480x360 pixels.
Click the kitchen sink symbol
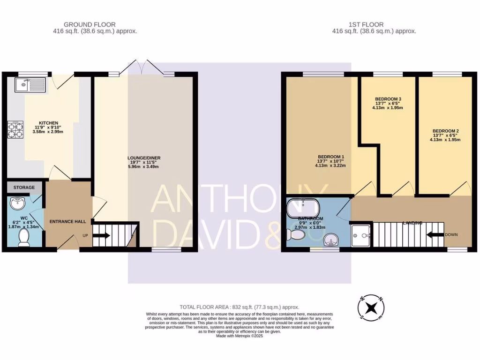point(30,85)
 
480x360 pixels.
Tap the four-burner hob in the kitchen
point(15,130)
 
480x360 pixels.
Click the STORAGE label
point(24,187)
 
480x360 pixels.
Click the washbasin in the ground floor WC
point(18,203)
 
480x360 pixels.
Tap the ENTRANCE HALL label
point(67,221)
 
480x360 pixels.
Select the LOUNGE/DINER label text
point(145,158)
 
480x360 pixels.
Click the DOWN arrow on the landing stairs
point(435,234)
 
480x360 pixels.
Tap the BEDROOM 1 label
point(331,157)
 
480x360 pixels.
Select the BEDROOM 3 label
point(388,99)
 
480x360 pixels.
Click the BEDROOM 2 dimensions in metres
point(445,140)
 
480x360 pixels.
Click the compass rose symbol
point(371,307)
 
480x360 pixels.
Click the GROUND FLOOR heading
point(90,25)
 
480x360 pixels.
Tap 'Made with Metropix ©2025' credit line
point(240,336)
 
